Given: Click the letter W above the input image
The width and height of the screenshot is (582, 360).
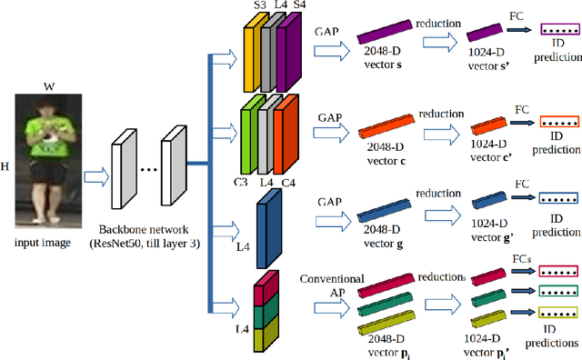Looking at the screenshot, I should (x=48, y=88).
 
